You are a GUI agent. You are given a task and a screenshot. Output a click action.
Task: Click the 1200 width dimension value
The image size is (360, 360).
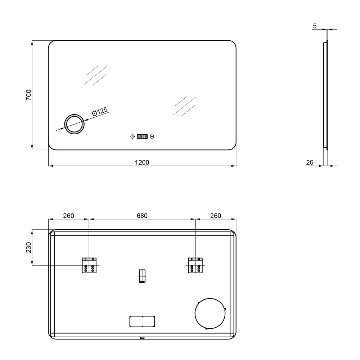pos(142,162)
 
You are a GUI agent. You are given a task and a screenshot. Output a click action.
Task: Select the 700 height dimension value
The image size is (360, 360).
pos(28,95)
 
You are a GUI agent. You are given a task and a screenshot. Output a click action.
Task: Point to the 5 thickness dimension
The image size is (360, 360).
pos(315,26)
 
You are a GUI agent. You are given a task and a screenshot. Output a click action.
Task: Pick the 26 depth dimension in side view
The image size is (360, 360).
pos(310,163)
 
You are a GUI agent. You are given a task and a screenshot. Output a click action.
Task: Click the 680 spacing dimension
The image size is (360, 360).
pos(142,216)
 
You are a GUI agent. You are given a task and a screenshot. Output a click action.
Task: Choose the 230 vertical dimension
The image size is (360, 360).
pos(28,247)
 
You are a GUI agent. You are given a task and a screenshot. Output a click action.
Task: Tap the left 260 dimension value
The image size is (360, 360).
pos(69,216)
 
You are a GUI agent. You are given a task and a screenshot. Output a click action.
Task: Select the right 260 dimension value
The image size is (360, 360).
pos(216,216)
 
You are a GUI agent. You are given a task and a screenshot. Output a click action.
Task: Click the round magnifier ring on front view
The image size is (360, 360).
pos(75,114)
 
